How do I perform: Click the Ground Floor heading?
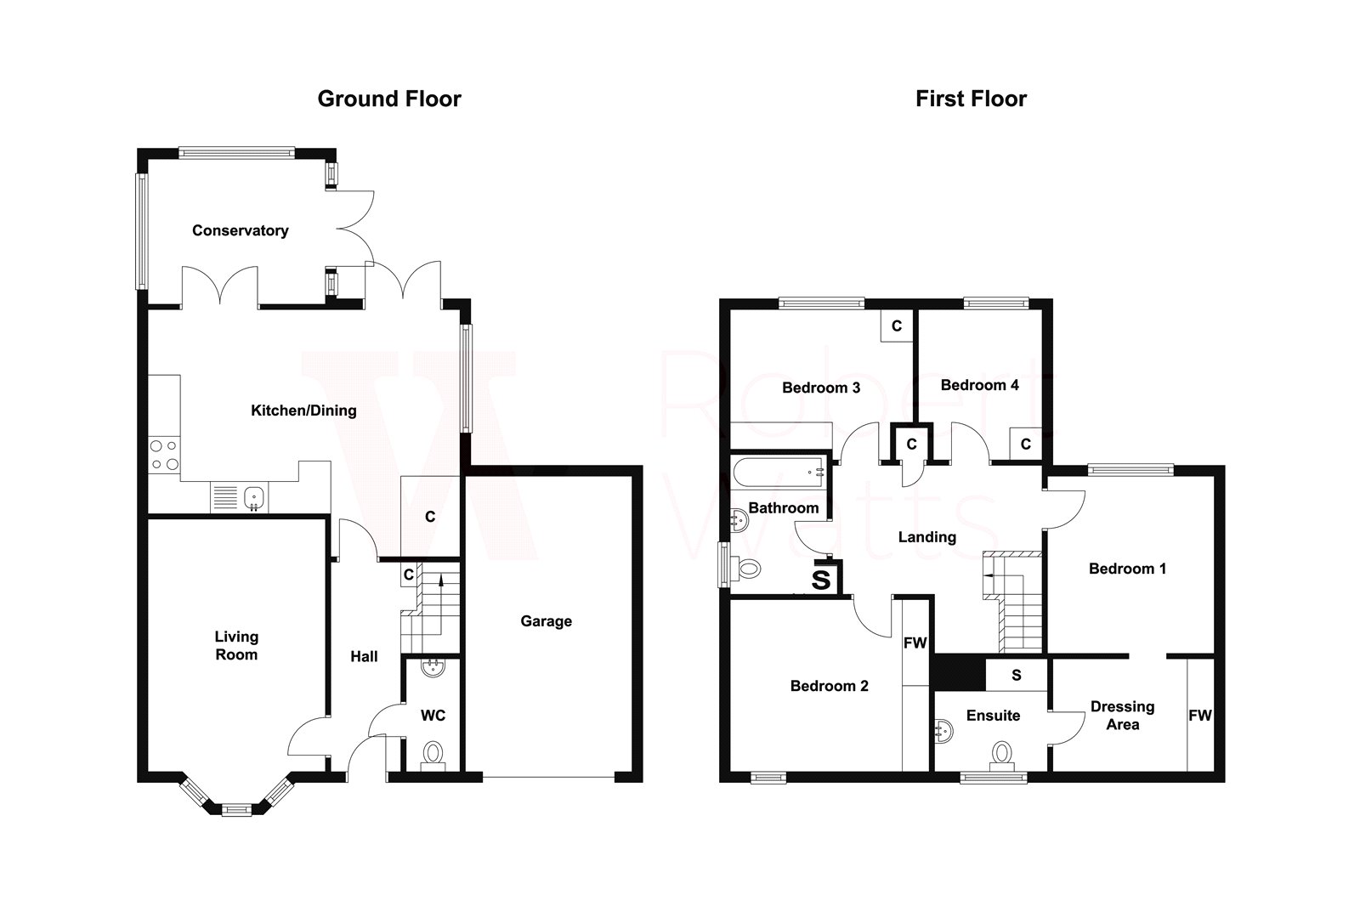point(389,99)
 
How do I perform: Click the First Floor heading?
point(971,99)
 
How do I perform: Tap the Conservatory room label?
point(240,230)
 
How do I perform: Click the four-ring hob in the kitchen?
point(163,455)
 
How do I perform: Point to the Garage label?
point(546,621)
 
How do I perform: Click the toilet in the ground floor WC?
point(433,754)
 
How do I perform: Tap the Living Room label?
point(236,645)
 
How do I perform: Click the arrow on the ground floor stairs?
point(441,581)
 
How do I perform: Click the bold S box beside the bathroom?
point(821,580)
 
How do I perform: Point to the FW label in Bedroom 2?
point(915,643)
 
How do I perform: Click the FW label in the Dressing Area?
point(1199,716)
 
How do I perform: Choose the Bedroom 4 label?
point(979,385)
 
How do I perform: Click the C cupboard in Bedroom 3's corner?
point(896,326)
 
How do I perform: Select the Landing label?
point(926,537)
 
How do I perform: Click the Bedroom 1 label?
point(1127,569)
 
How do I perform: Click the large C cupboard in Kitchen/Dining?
point(430,516)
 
